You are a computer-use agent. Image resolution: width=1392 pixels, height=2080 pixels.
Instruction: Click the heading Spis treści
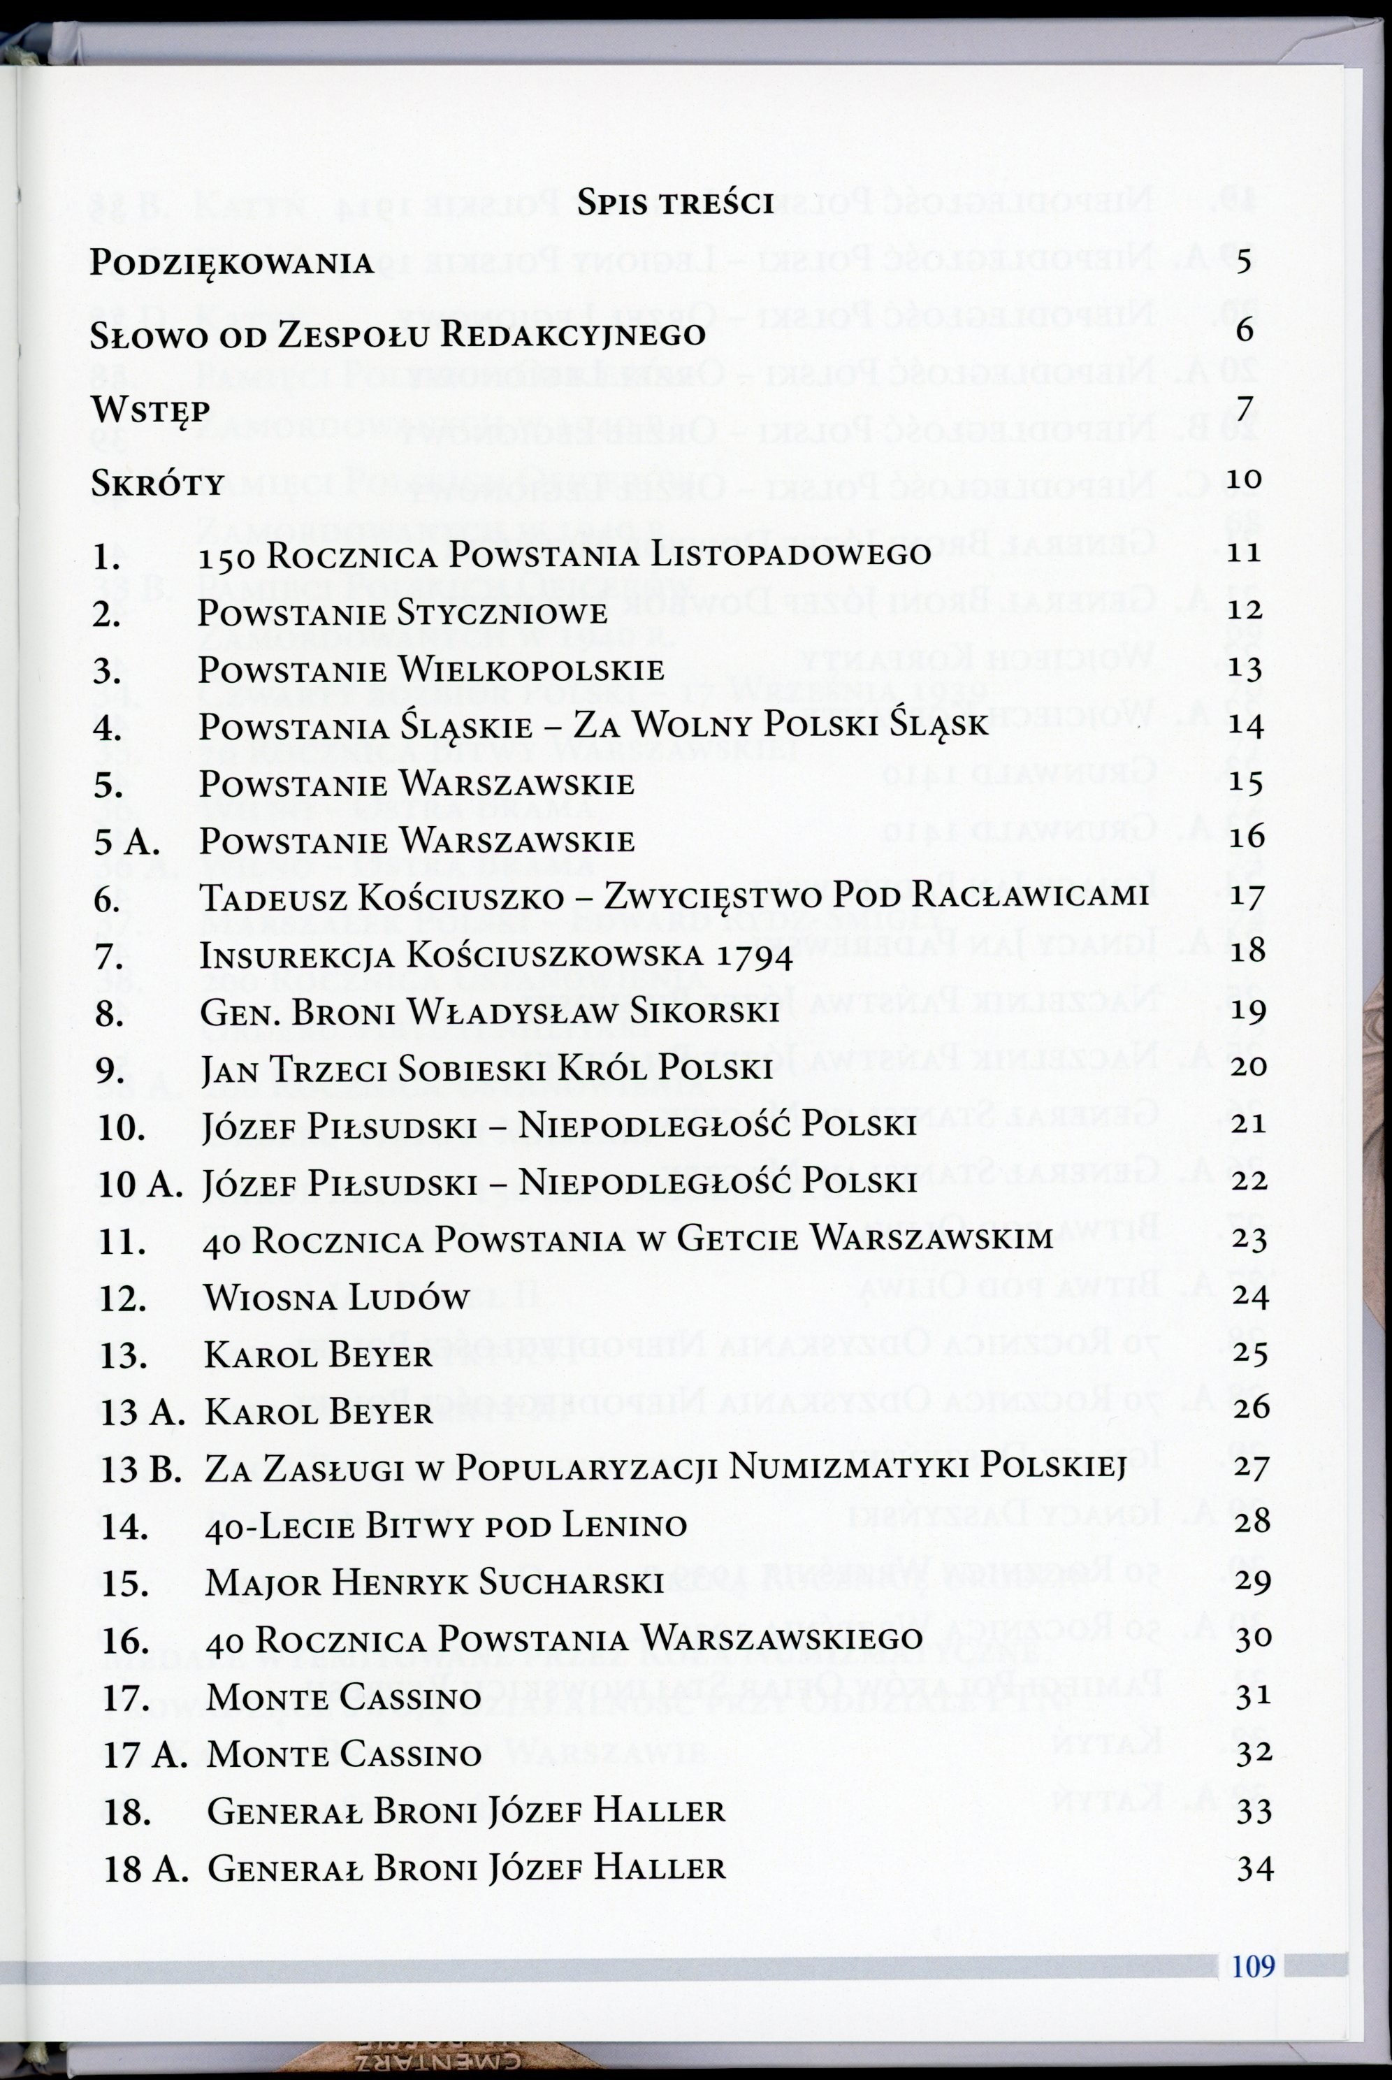pos(676,203)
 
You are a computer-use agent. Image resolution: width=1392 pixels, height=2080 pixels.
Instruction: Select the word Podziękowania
pos(233,263)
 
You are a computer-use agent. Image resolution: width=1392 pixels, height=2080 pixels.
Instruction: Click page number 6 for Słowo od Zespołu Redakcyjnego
pos(1244,331)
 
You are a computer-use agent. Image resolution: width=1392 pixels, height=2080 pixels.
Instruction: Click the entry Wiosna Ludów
pos(336,1298)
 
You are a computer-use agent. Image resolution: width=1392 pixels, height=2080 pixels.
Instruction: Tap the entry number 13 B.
pos(141,1469)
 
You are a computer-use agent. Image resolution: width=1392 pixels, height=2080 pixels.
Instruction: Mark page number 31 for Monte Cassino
pos(1254,1696)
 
